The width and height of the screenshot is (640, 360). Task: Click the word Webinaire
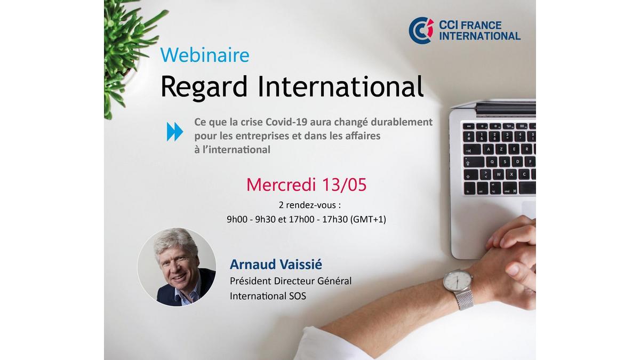click(205, 55)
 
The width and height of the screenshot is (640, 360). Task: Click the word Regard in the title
click(204, 87)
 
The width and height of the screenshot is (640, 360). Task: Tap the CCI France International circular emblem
click(421, 30)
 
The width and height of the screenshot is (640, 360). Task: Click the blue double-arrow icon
click(174, 132)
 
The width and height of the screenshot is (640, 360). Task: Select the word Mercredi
click(282, 185)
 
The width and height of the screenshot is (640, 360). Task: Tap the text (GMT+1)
click(368, 219)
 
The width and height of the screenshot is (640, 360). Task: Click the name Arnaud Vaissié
click(276, 265)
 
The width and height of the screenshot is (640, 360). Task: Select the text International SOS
click(268, 295)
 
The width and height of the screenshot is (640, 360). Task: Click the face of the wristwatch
click(457, 282)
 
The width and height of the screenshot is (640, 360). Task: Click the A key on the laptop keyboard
click(489, 149)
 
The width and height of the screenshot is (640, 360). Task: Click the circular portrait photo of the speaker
click(177, 267)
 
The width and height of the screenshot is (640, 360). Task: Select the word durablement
click(402, 122)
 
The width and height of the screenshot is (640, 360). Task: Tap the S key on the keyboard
click(505, 162)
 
